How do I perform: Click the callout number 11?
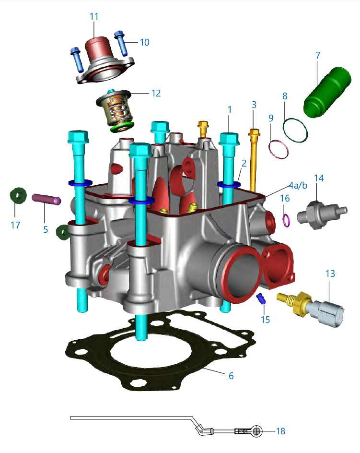tap(94, 16)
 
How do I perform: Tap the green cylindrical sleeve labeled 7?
tap(327, 93)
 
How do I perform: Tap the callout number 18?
tap(280, 431)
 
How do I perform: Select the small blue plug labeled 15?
tap(261, 298)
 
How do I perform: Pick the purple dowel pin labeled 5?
tap(46, 199)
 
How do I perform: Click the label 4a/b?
tap(298, 185)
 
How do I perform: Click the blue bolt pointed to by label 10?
tap(121, 43)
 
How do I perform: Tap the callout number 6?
tap(231, 376)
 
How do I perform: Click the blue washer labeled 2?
tap(229, 184)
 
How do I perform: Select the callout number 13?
tap(330, 274)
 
